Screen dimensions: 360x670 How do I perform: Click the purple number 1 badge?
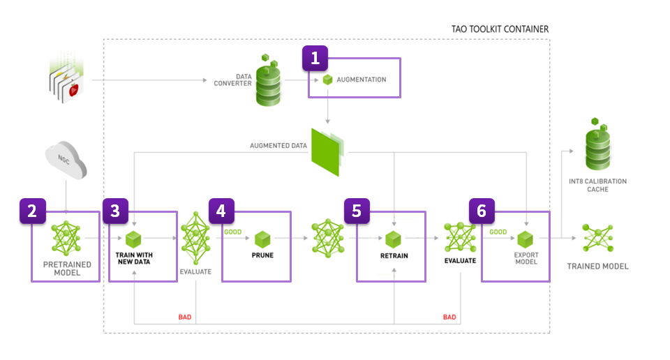coord(315,59)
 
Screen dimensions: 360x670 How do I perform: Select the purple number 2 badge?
coord(32,211)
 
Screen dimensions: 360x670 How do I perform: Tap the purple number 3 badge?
coord(115,211)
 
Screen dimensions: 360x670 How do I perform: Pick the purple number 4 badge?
coord(221,211)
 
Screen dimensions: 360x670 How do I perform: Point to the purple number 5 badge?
coord(357,211)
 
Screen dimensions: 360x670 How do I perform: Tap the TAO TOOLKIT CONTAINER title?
coord(500,29)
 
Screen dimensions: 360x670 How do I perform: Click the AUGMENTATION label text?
coord(362,80)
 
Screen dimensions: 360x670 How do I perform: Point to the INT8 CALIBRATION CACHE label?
coord(598,185)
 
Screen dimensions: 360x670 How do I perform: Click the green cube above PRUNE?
coord(262,239)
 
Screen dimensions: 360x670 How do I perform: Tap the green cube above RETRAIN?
coord(394,239)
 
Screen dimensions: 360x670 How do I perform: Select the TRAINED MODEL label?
coord(597,266)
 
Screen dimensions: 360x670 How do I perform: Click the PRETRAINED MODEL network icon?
coord(67,238)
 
